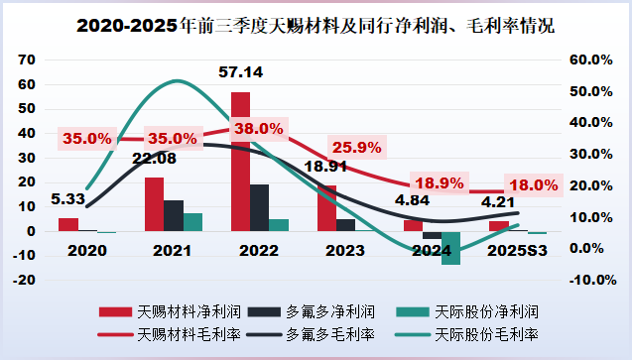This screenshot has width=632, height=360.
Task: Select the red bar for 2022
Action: point(240,161)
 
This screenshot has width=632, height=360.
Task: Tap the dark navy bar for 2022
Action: point(259,207)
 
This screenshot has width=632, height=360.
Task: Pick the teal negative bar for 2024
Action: point(451,248)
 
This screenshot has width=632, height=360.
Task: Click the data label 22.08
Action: point(154,158)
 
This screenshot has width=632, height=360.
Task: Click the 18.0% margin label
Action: point(535,185)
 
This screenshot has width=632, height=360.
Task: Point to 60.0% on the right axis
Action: point(579,60)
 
